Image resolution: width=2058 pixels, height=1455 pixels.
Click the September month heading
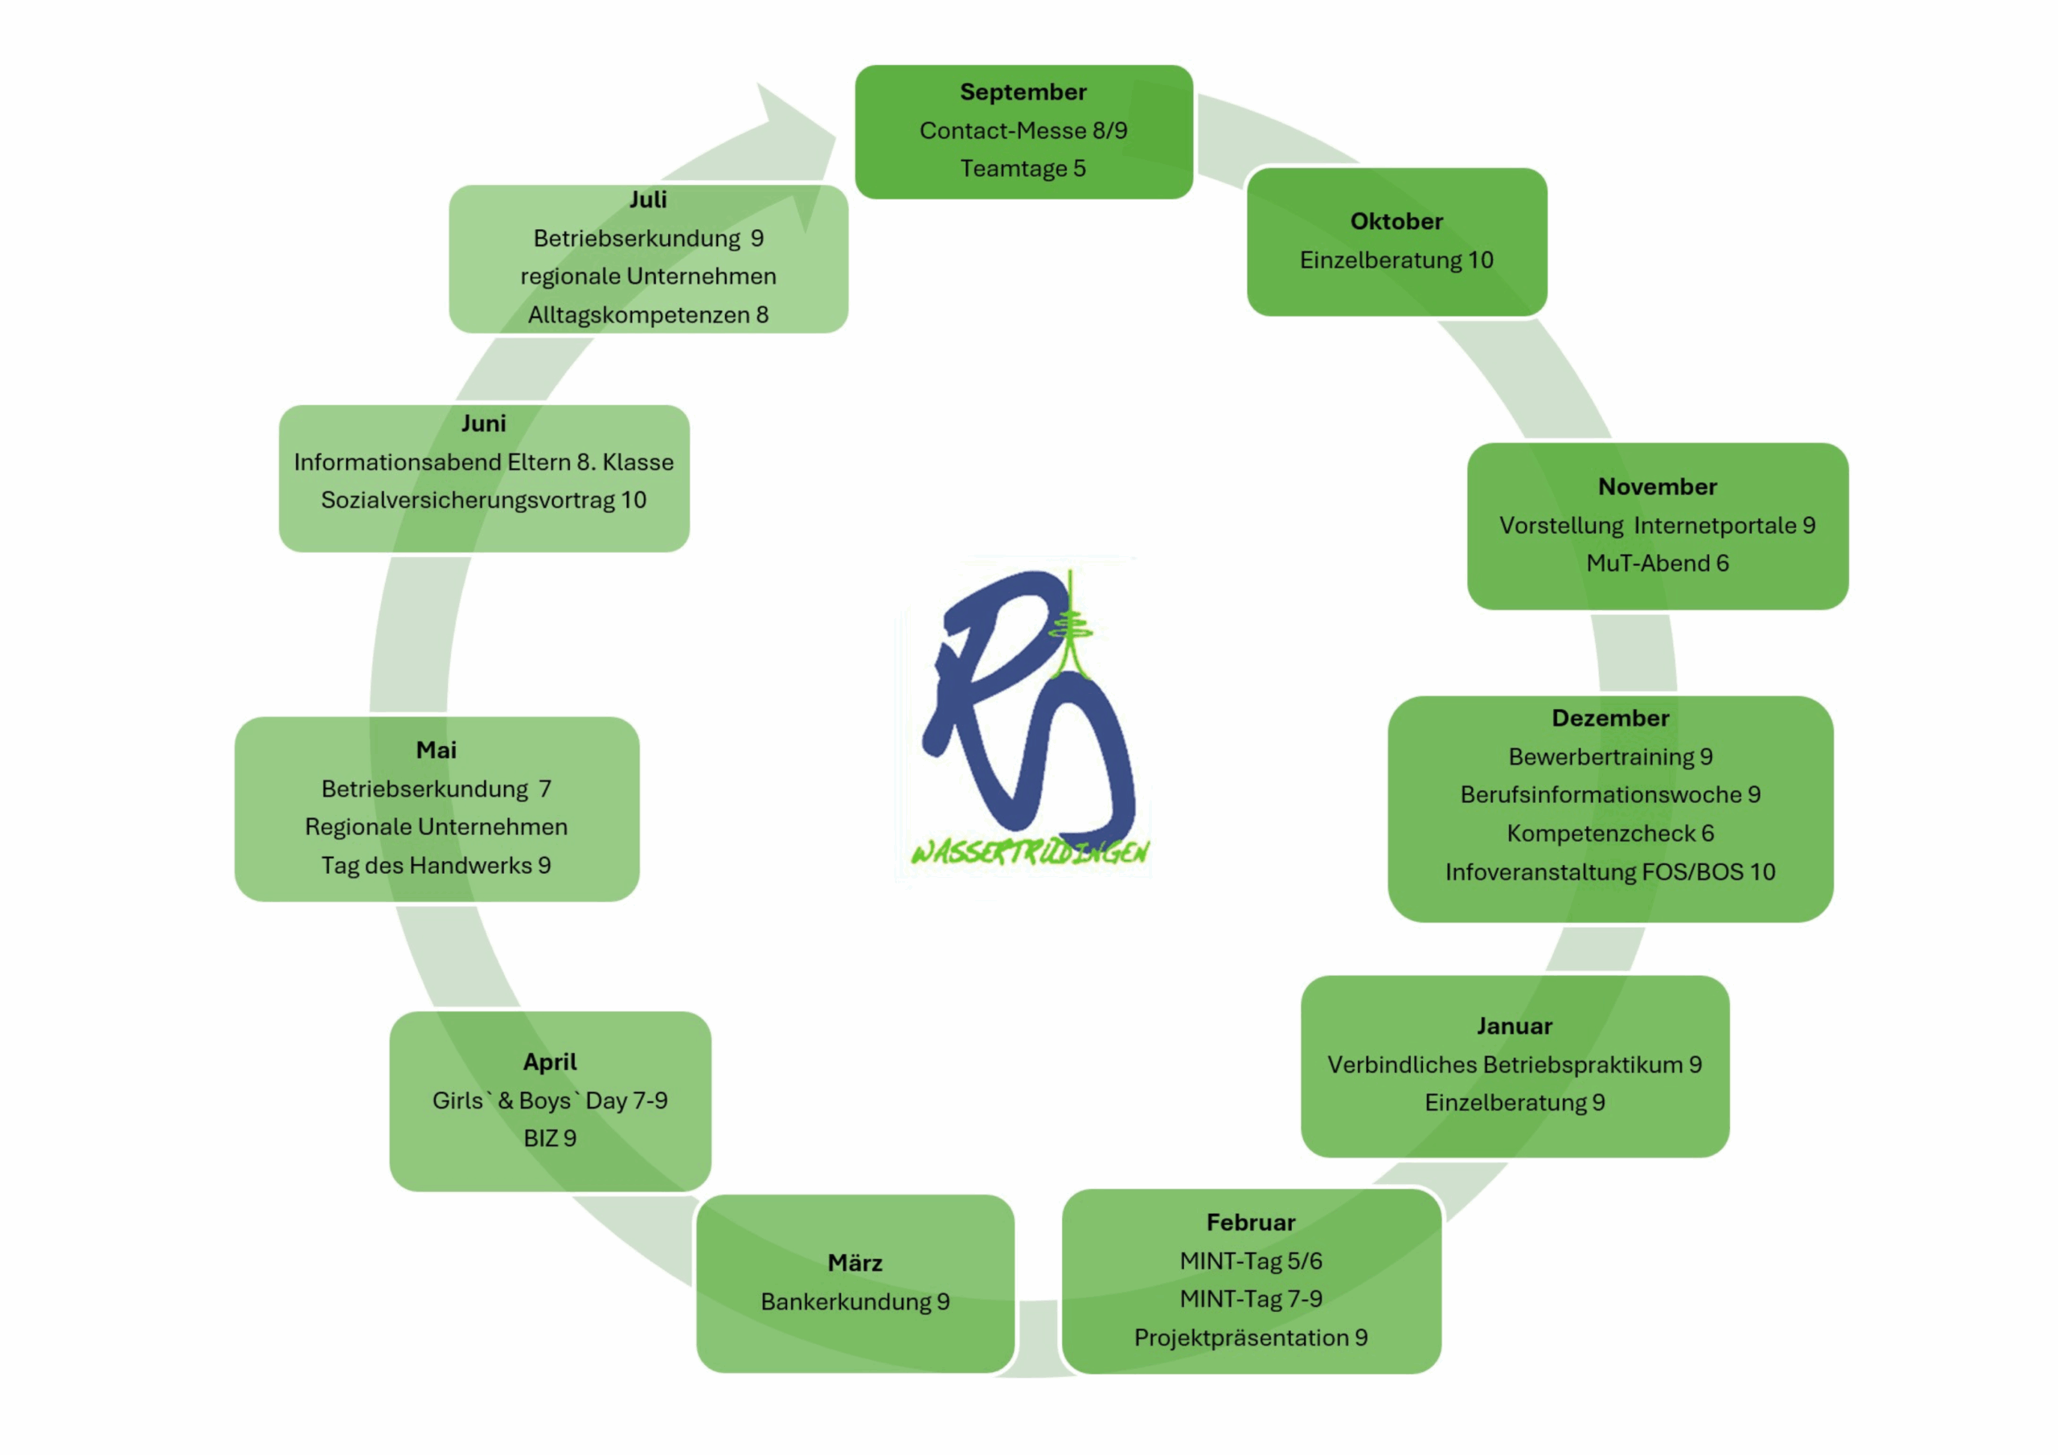tap(1023, 92)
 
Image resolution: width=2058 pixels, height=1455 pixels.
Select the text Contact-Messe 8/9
tap(1023, 131)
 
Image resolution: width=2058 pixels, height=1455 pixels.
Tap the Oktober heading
tap(1396, 221)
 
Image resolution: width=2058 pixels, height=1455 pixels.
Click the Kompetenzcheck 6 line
tap(1610, 833)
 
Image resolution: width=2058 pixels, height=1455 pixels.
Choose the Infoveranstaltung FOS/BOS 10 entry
tap(1610, 871)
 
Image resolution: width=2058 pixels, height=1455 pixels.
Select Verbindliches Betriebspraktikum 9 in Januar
tap(1514, 1064)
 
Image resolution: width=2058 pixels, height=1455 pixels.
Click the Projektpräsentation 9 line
tap(1250, 1338)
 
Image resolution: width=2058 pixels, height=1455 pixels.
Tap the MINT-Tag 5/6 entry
tap(1250, 1260)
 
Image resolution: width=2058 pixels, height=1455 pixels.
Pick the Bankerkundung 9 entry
tap(855, 1301)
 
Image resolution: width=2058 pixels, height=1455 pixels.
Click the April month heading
tap(549, 1063)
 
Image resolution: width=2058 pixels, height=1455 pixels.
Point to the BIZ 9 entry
tap(549, 1138)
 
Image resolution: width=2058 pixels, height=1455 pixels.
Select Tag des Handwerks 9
tap(436, 865)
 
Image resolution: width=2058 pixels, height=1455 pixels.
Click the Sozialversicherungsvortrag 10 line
tap(483, 500)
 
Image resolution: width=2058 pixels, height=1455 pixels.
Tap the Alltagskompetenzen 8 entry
tap(648, 314)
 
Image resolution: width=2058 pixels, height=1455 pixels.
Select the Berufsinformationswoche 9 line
tap(1610, 794)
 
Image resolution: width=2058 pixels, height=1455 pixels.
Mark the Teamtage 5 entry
tap(1023, 169)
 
